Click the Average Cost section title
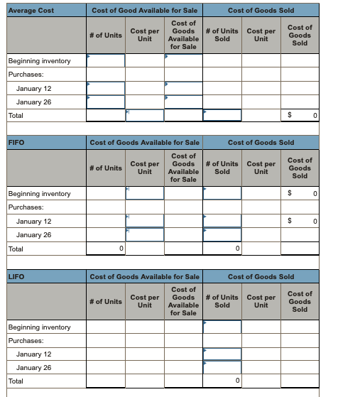click(x=31, y=11)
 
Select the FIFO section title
click(x=16, y=143)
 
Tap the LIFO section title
click(x=16, y=276)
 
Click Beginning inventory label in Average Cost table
click(x=39, y=61)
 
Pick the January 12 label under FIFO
click(x=33, y=222)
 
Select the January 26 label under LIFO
click(x=33, y=368)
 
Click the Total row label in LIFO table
click(x=16, y=381)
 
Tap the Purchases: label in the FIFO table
click(x=25, y=207)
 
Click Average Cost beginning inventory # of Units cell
click(x=105, y=61)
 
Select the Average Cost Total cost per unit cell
click(x=144, y=115)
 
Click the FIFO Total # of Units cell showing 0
click(x=105, y=249)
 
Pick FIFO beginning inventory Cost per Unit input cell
click(x=144, y=194)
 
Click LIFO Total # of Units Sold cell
click(x=222, y=381)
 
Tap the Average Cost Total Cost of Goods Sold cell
click(x=300, y=115)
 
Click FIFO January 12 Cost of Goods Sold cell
click(x=300, y=222)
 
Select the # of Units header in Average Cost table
click(x=105, y=36)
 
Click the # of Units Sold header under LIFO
click(x=222, y=302)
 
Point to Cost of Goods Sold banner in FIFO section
click(x=261, y=143)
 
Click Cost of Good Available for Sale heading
click(x=144, y=11)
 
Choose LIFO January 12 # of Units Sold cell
click(x=222, y=354)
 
